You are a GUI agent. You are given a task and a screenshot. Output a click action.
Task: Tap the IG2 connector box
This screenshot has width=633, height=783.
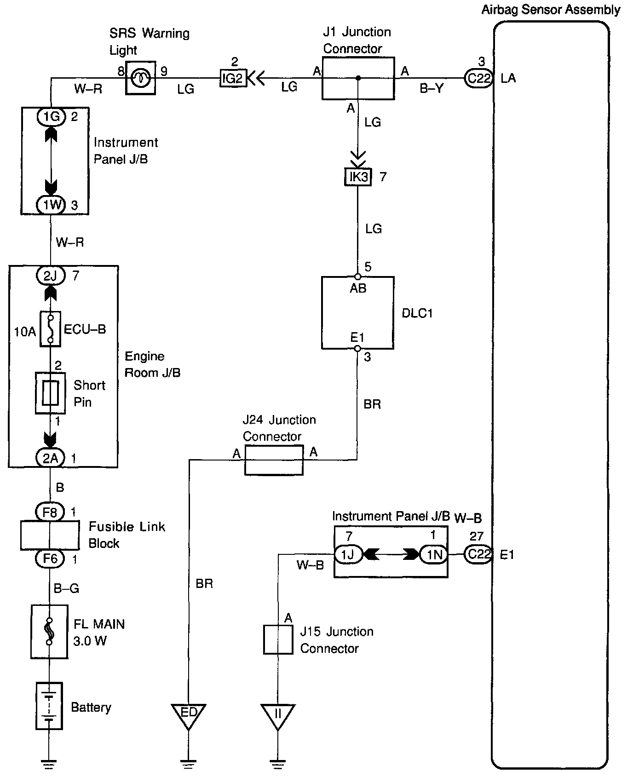(x=233, y=78)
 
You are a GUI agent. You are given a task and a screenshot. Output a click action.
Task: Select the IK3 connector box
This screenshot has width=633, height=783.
(x=358, y=177)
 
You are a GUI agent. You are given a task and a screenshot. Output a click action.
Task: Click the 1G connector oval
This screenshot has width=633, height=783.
(x=52, y=117)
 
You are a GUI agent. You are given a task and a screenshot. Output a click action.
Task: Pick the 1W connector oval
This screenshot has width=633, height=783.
(x=52, y=205)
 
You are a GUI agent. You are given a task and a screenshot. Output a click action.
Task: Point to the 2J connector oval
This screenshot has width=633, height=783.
(x=51, y=276)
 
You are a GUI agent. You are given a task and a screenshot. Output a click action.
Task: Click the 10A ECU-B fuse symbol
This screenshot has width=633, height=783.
(x=50, y=329)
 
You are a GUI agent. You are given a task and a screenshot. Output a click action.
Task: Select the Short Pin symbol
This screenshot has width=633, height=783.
(x=51, y=393)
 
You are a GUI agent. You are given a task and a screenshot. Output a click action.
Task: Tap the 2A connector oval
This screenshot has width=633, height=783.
(x=51, y=458)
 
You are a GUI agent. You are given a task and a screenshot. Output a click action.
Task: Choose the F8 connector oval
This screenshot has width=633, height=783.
(x=50, y=512)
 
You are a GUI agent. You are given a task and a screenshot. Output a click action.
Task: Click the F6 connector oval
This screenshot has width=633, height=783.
(x=50, y=558)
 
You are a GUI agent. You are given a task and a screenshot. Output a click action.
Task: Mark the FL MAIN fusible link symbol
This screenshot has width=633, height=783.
(x=49, y=631)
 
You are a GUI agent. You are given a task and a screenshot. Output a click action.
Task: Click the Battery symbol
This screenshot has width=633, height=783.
(x=49, y=706)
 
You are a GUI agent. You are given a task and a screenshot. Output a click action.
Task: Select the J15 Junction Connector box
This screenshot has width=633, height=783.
(x=278, y=639)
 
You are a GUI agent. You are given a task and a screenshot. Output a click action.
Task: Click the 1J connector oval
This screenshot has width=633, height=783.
(x=348, y=554)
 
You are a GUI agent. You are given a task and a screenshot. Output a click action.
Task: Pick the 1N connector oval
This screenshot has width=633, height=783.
(x=433, y=554)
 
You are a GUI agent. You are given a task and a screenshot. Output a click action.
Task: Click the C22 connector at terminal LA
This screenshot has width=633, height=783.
(x=479, y=78)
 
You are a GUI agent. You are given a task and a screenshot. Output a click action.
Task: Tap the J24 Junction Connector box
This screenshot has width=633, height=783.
(x=273, y=460)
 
